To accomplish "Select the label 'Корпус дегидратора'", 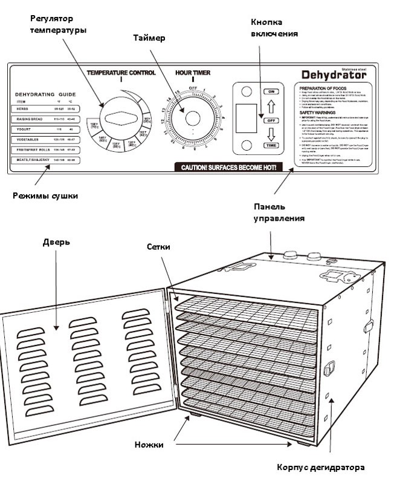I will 321,468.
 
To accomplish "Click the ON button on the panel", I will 271,91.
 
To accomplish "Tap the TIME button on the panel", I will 271,145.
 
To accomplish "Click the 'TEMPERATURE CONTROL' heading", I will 121,73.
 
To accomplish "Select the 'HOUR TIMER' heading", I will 192,73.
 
